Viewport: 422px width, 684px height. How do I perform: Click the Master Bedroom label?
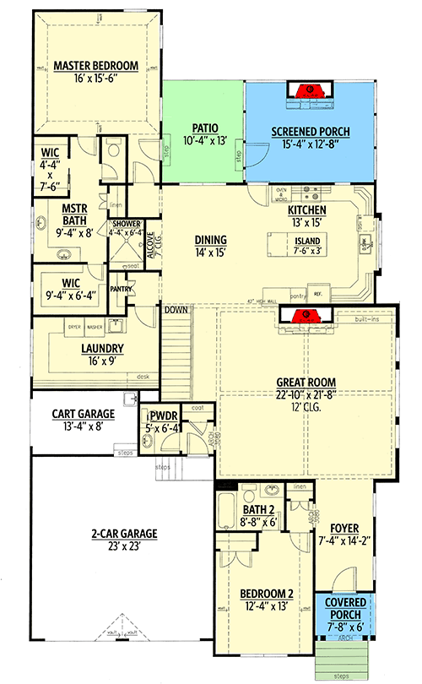pyautogui.click(x=95, y=65)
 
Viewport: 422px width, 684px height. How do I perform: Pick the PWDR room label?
pyautogui.click(x=160, y=415)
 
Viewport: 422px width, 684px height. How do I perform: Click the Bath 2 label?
pyautogui.click(x=257, y=510)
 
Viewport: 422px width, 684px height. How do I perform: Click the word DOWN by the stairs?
pyautogui.click(x=176, y=309)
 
